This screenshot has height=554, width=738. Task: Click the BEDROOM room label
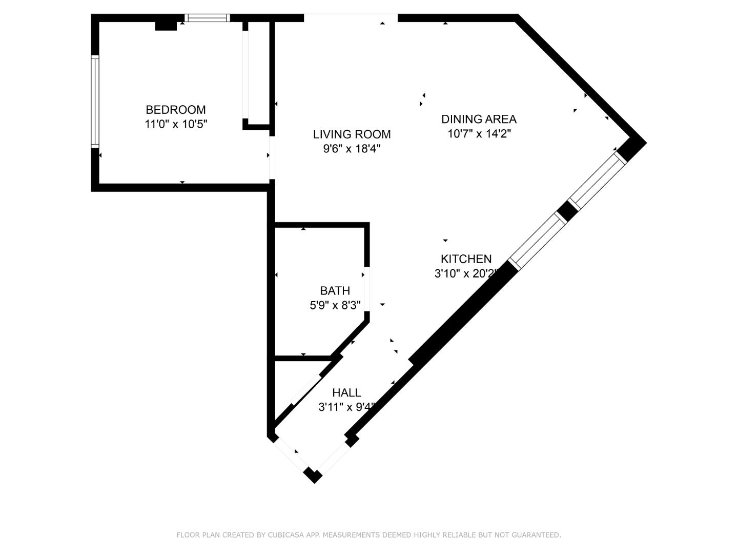tap(176, 110)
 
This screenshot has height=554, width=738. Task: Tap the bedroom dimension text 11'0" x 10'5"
tap(176, 124)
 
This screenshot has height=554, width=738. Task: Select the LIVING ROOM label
tap(352, 134)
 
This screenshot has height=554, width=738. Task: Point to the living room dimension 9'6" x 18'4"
tap(352, 149)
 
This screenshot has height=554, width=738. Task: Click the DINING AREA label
tap(479, 119)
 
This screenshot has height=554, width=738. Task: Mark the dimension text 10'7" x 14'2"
tap(479, 134)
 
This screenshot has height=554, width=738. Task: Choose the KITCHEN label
tap(466, 259)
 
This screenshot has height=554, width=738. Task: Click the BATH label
tap(335, 291)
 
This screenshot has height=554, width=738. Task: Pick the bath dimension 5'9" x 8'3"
tap(335, 305)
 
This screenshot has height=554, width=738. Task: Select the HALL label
tap(346, 393)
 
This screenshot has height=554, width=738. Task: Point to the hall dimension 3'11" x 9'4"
tap(346, 407)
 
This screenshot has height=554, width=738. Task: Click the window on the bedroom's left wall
tap(95, 102)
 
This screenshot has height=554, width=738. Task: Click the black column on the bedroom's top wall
tap(166, 25)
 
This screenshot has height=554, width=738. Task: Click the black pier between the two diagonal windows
tap(567, 211)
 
